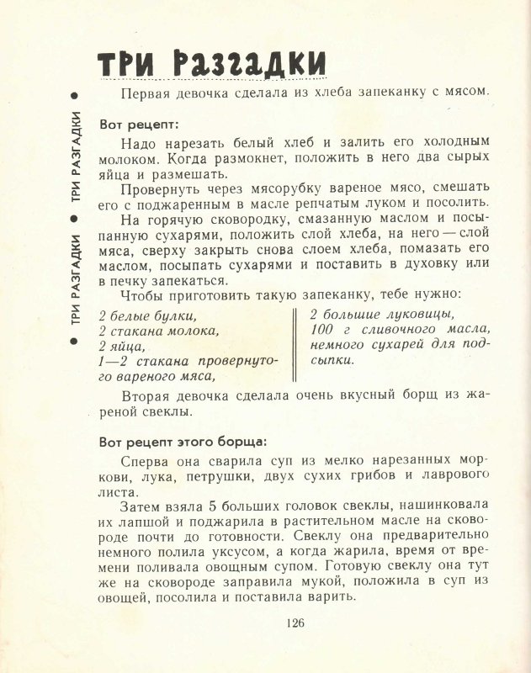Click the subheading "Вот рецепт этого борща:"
(182, 441)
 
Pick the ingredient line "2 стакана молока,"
(157, 331)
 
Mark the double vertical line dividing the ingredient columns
(294, 345)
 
